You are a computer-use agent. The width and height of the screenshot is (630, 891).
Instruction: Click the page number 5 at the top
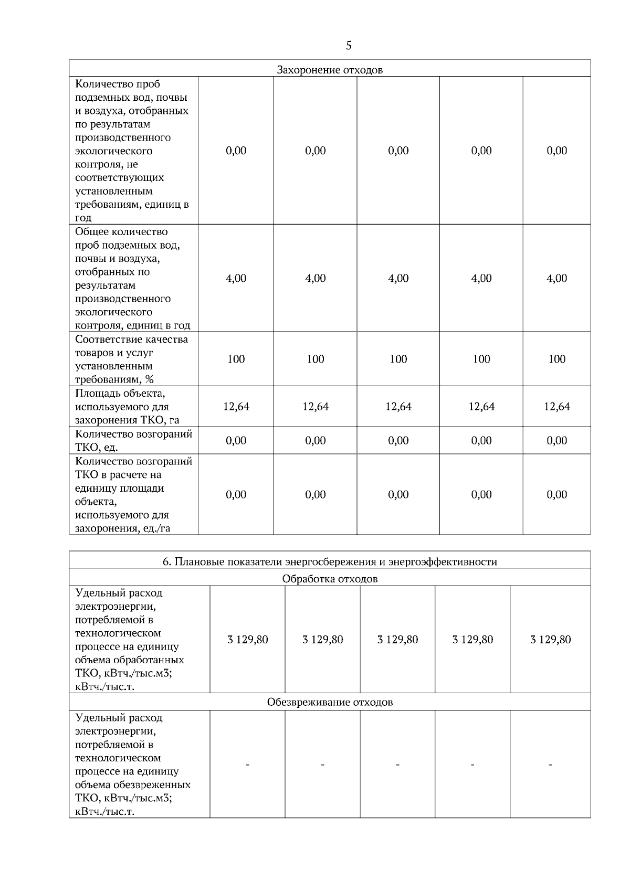[x=349, y=46]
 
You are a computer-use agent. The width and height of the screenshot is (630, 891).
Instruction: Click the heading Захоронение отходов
[x=330, y=70]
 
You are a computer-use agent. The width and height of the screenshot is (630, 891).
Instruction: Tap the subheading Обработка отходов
[x=330, y=579]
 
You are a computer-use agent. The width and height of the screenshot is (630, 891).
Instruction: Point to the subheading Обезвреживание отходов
[x=330, y=702]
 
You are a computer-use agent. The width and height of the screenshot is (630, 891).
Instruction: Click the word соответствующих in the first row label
[x=120, y=178]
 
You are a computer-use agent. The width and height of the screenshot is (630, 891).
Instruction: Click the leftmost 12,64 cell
[x=236, y=407]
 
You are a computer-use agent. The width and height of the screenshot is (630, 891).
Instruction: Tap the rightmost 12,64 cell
[x=557, y=407]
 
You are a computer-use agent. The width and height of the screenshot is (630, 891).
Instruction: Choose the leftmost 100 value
[x=236, y=359]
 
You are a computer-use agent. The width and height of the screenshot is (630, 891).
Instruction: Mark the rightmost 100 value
[x=557, y=359]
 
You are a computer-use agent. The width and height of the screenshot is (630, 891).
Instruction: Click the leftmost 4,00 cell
[x=236, y=279]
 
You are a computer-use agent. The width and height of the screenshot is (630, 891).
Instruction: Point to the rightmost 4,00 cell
[x=557, y=279]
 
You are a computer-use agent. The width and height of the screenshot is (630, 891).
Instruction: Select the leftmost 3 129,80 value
[x=248, y=640]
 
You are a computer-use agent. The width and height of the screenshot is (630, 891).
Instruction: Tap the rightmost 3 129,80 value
[x=551, y=640]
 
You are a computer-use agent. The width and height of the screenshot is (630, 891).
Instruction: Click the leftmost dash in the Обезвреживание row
[x=248, y=766]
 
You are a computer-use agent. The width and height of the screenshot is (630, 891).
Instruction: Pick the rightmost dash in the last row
[x=551, y=766]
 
